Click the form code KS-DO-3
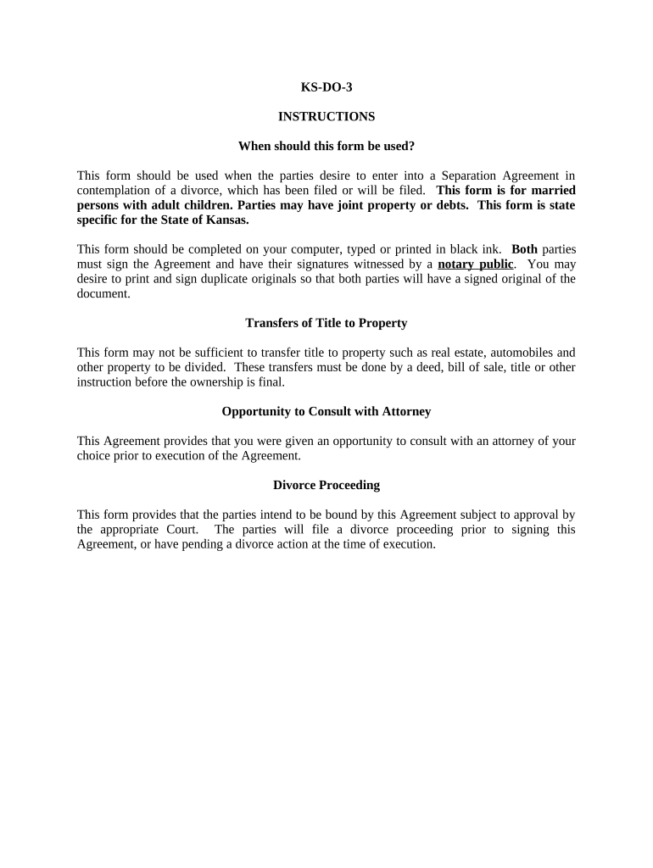click(326, 86)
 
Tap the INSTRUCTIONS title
click(326, 116)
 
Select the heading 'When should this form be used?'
click(326, 146)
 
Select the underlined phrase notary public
click(475, 264)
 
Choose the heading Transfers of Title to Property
click(326, 323)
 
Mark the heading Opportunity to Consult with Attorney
click(326, 411)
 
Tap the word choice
click(94, 455)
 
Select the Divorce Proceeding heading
click(326, 485)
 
